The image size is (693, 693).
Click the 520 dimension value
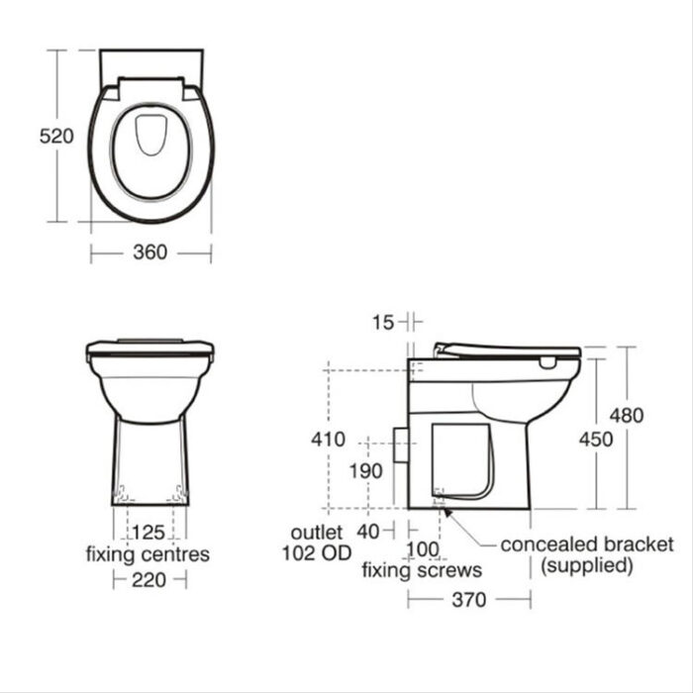coord(56,136)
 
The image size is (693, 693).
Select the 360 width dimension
coord(150,251)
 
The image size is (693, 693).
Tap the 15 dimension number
coord(383,322)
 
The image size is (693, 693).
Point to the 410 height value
coord(328,439)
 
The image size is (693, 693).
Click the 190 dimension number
coord(366,471)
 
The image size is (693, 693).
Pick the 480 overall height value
coord(627,416)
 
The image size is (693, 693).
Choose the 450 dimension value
coord(596,440)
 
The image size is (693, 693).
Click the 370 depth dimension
coord(469,600)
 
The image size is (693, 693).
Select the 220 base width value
coord(148,580)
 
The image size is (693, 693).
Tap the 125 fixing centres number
coord(148,533)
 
